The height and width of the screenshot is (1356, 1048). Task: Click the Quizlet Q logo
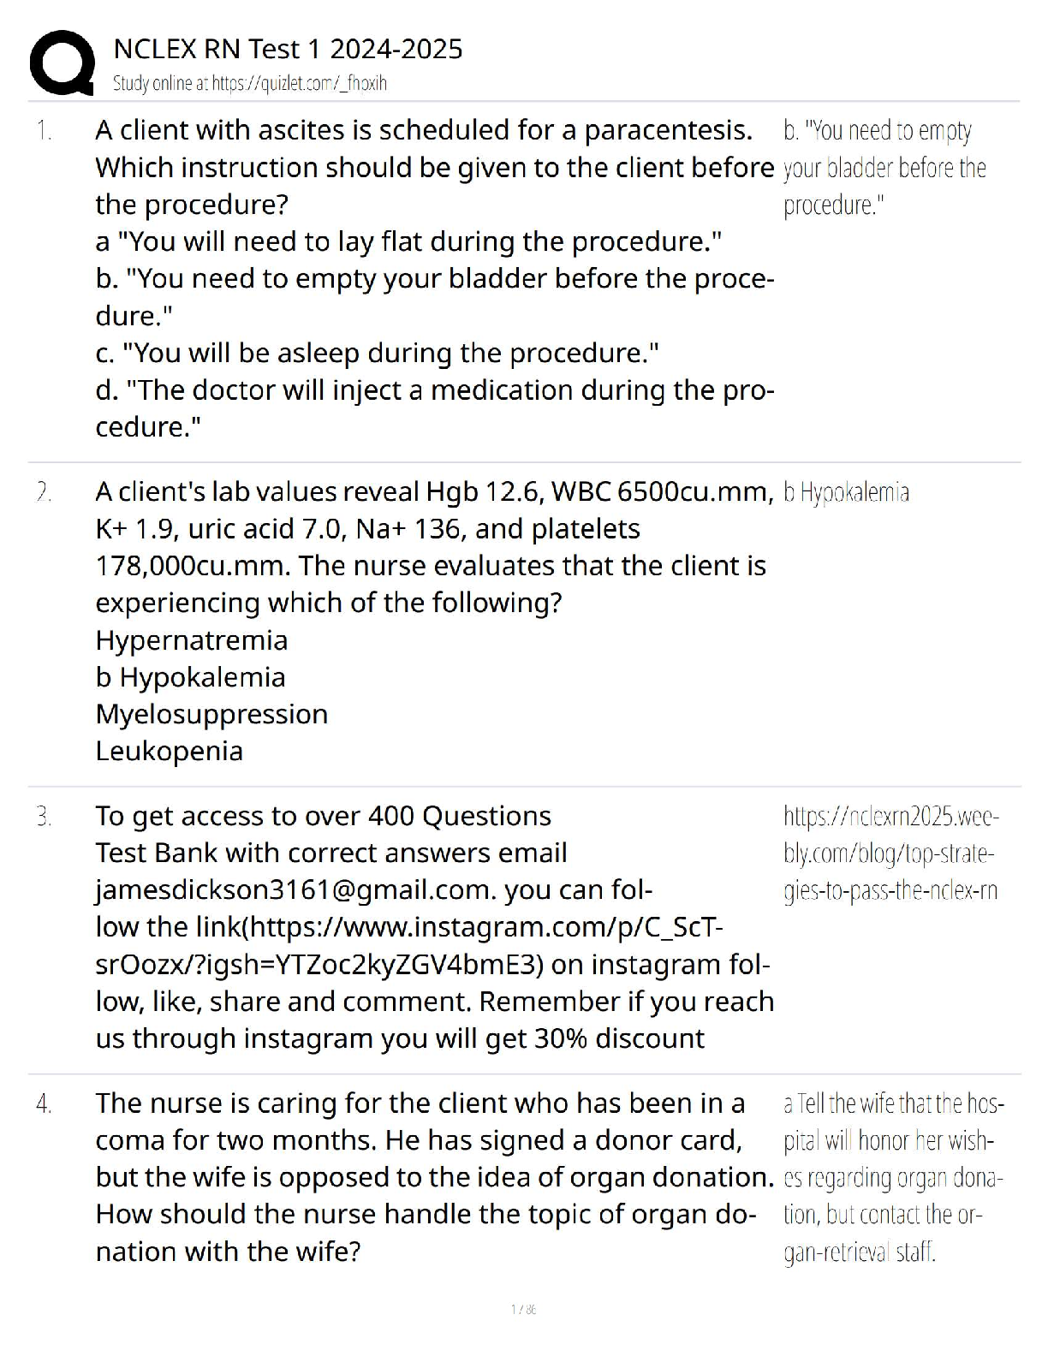pos(62,62)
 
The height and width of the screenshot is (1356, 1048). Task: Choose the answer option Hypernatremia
pos(192,640)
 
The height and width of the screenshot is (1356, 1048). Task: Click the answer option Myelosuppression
pos(211,714)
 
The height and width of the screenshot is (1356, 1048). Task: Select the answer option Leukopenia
pos(170,751)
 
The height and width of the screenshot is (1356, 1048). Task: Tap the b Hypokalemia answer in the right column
pos(846,492)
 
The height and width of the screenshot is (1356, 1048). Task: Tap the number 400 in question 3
pos(391,817)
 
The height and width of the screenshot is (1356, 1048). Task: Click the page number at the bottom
pos(523,1310)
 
